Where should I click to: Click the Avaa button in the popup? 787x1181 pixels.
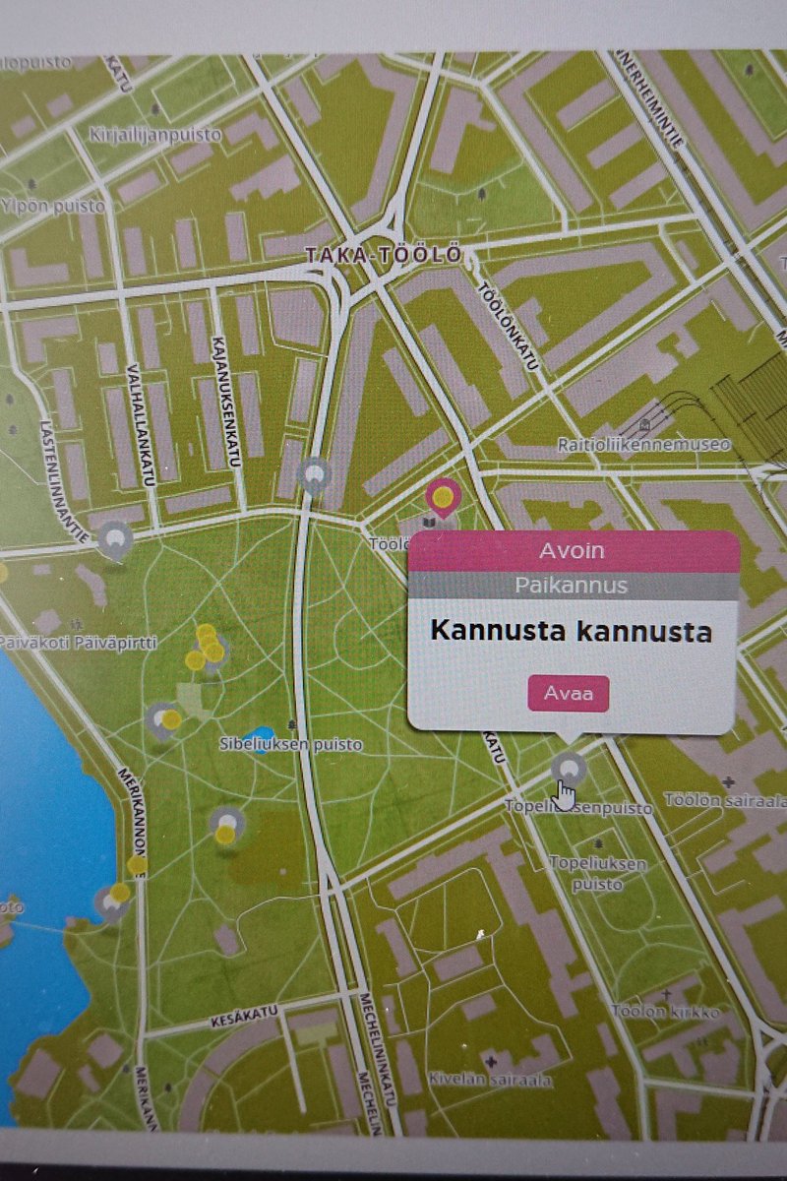tap(569, 694)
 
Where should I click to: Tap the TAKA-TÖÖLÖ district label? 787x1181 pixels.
tap(383, 255)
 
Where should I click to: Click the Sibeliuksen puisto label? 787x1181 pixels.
tap(290, 745)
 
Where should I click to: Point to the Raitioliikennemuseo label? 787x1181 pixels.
tap(644, 445)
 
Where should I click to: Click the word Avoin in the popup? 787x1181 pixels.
tap(573, 551)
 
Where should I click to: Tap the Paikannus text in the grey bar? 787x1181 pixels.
tap(571, 586)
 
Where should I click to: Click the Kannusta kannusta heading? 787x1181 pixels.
tap(572, 631)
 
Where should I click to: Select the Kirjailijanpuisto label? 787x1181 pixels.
tap(169, 133)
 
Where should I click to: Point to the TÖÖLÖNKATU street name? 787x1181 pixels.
tap(508, 327)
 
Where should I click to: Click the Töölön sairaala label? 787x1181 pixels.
tap(725, 800)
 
